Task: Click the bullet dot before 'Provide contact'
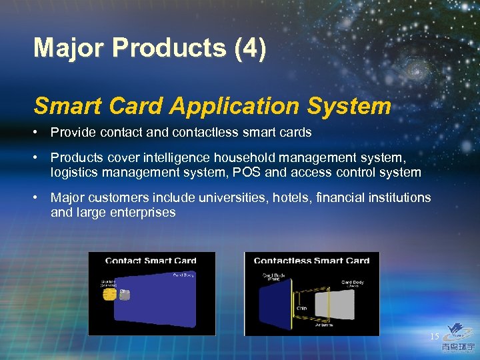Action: [38, 132]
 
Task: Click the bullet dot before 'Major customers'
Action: [38, 198]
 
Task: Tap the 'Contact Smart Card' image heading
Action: [151, 261]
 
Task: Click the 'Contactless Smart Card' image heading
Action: [311, 261]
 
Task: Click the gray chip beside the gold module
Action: [125, 293]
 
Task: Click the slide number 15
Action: [434, 337]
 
